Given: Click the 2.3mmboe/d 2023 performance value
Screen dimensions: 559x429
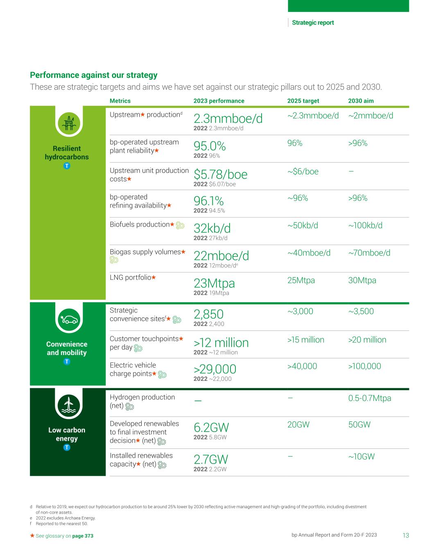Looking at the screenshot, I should [228, 119].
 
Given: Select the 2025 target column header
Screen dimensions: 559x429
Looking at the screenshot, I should [303, 101].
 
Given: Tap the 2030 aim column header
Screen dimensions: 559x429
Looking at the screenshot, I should [361, 101].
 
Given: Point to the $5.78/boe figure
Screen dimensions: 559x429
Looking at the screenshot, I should [220, 174].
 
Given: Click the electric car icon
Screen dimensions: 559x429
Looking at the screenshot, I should [69, 319].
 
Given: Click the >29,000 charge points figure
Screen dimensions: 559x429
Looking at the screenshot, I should [214, 369].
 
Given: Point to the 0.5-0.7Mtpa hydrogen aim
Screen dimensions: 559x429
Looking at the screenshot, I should [369, 398].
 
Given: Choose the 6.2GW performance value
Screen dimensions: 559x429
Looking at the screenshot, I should [211, 428].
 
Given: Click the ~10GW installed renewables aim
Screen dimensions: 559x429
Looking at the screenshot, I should [361, 457].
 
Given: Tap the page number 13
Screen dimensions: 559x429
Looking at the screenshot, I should [405, 535].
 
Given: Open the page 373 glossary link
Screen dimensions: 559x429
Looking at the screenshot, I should [83, 536].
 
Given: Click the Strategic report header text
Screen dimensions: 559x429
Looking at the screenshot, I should [313, 23].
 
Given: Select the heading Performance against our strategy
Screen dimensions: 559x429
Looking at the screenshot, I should [94, 75].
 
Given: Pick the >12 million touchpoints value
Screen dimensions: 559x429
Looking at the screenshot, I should [221, 343].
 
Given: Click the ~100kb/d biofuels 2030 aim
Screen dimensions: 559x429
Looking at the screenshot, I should [365, 226].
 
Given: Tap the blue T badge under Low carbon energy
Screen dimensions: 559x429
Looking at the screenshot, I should [67, 447].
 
